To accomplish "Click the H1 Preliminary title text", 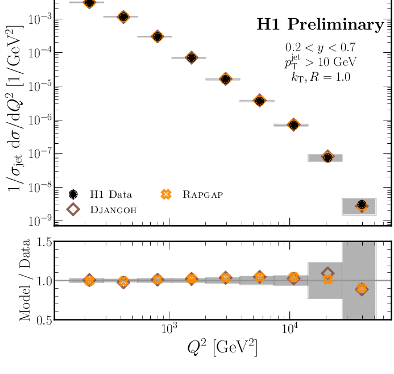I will click(320, 24).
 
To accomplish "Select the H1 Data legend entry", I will click(102, 194).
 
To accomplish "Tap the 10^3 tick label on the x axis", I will click(169, 331).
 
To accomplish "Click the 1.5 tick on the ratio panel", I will click(43, 243).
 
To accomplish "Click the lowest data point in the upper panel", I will click(362, 205).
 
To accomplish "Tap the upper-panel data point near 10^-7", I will click(327, 157).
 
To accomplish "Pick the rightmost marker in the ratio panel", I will click(362, 289).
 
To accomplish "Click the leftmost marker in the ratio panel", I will click(89, 280).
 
